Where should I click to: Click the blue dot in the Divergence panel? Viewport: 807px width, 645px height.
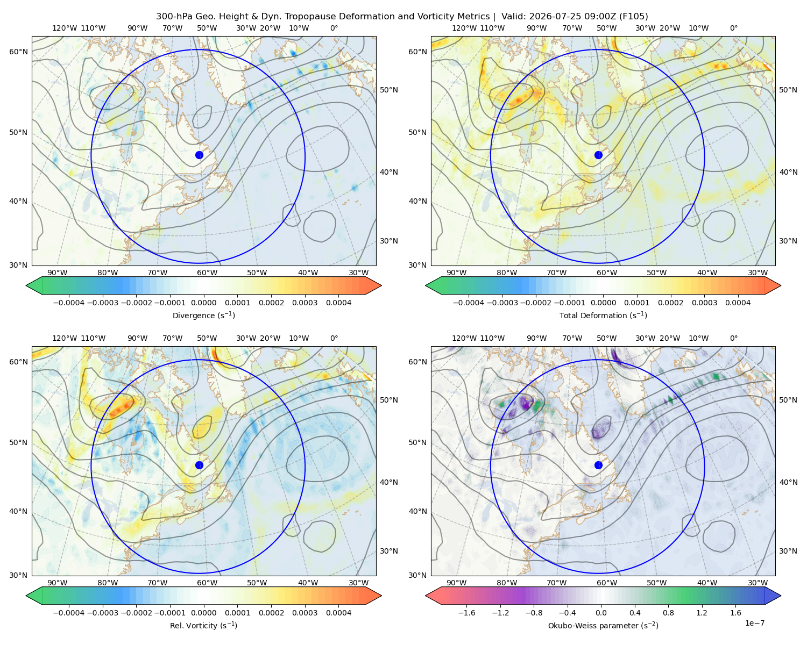(x=199, y=155)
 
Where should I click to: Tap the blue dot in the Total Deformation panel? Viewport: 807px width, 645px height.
(x=598, y=155)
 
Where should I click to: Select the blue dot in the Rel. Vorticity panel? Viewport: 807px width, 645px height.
(x=199, y=465)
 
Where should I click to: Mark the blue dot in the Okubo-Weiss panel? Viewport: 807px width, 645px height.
(x=598, y=465)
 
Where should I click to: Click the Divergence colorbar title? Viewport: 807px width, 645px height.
(x=203, y=316)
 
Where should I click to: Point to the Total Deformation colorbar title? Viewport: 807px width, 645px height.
(x=603, y=316)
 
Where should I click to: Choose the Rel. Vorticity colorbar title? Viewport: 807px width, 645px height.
(x=203, y=626)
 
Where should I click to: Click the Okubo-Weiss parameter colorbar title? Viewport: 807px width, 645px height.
(x=603, y=626)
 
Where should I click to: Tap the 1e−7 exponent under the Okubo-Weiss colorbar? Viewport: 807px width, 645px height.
(x=754, y=623)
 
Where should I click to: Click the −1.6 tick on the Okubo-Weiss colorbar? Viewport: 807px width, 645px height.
(x=466, y=613)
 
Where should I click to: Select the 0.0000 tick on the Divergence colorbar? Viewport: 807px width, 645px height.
(x=203, y=303)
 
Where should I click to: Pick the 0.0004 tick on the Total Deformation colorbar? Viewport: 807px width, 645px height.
(x=738, y=303)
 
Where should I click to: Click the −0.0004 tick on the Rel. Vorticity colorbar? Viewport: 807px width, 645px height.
(x=69, y=613)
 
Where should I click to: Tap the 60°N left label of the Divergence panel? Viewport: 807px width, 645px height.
(x=18, y=52)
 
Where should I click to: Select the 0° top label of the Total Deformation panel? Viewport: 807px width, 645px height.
(x=733, y=28)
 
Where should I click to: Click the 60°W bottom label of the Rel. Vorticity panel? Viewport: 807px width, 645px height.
(x=207, y=583)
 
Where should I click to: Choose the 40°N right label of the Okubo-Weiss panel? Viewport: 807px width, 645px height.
(x=788, y=482)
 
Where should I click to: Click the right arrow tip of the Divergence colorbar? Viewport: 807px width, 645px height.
(x=381, y=285)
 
